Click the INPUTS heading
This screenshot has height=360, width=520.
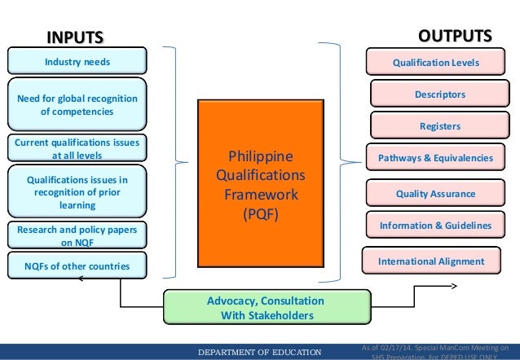[x=75, y=37]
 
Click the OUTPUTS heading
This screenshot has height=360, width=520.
[x=455, y=37]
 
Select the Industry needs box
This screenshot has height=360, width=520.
[x=77, y=61]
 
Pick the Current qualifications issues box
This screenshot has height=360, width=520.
[x=77, y=147]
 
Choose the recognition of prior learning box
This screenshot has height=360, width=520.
[x=77, y=191]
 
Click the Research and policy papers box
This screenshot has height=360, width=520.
[x=77, y=235]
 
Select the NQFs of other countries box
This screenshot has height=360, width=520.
[x=77, y=266]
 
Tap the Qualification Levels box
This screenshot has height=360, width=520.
[x=436, y=62]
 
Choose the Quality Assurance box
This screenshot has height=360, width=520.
[x=434, y=194]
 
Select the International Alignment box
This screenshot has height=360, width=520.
[x=430, y=261]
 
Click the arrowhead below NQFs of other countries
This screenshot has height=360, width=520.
[x=78, y=279]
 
